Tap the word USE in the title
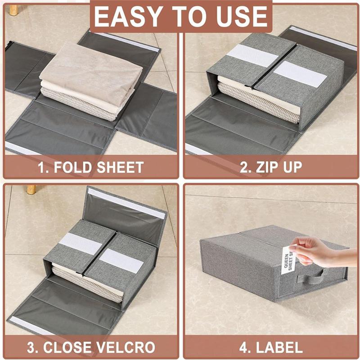click(x=243, y=17)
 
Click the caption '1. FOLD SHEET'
click(x=90, y=167)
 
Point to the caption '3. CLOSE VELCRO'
click(x=90, y=347)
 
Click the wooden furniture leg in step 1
click(x=14, y=8)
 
